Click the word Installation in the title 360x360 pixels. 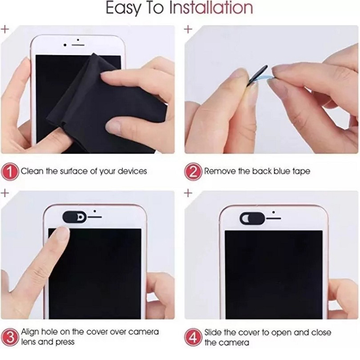[211, 8]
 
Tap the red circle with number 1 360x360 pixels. [10, 172]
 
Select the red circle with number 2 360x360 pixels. [193, 172]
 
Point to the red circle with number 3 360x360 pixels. [10, 337]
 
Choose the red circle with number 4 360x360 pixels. [193, 337]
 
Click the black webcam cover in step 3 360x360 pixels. [75, 217]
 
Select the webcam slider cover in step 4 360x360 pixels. [252, 218]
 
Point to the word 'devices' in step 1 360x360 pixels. [132, 171]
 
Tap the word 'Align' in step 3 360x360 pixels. [30, 332]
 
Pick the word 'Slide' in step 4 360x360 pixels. [213, 333]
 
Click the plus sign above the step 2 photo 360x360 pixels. [188, 29]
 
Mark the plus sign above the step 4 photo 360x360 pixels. [188, 193]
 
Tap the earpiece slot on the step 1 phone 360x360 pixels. [78, 45]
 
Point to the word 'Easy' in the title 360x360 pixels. [123, 9]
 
